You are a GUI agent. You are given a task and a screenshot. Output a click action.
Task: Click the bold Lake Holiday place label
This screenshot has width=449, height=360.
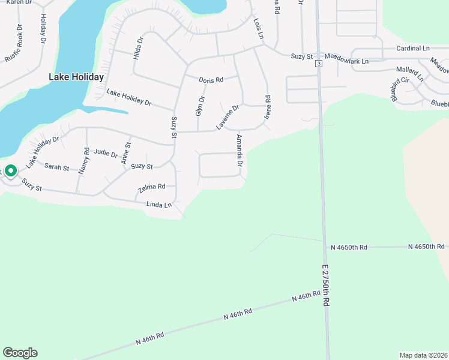(x=76, y=77)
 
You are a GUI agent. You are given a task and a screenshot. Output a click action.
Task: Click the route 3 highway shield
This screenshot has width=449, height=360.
(x=318, y=63)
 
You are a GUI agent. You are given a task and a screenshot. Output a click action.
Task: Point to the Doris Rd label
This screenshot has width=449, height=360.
(x=211, y=79)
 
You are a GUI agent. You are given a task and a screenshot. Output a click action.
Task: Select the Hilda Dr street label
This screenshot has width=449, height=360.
(x=139, y=47)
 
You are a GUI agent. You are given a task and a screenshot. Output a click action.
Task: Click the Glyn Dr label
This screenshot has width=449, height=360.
(x=200, y=106)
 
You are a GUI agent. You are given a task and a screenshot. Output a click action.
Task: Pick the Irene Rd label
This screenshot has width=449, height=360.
(x=268, y=106)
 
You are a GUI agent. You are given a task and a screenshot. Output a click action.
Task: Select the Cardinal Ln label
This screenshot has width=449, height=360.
(x=413, y=48)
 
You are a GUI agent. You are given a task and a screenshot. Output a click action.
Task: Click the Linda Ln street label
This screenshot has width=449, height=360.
(x=159, y=205)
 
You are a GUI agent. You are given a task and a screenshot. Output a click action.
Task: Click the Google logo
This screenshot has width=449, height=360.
(x=20, y=353)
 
